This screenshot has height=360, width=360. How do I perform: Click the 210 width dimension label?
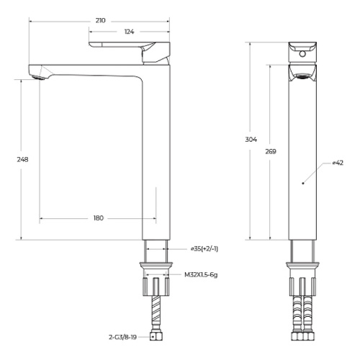[x=100, y=21]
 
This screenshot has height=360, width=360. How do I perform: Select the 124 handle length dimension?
[x=130, y=32]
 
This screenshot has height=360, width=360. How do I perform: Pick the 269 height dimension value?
[x=271, y=152]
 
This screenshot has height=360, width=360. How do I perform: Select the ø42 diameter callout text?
[x=338, y=163]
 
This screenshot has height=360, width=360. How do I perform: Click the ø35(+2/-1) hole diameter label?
[x=204, y=249]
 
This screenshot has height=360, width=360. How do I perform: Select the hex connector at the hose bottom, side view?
[x=156, y=336]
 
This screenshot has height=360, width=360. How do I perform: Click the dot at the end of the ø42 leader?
[x=303, y=184]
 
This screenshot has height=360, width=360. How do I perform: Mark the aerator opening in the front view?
[x=302, y=73]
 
